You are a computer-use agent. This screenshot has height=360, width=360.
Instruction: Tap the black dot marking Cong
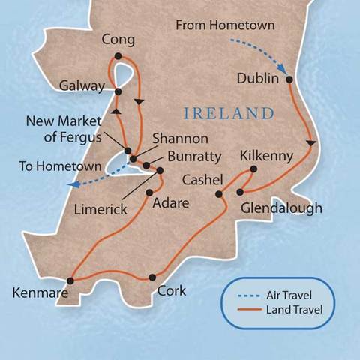pos(118,55)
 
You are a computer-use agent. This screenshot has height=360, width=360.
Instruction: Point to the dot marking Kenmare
pos(70,280)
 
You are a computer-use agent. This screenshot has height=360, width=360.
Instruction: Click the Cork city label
pos(171,291)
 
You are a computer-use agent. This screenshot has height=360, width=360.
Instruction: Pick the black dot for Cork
pos(152,276)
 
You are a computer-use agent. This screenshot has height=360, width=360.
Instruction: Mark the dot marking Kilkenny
pos(253,169)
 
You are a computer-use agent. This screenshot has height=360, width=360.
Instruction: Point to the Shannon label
pos(180,139)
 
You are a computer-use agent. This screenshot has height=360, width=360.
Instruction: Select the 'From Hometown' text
pos(225,26)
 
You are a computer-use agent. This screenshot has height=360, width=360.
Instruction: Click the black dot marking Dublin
pos(289,77)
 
